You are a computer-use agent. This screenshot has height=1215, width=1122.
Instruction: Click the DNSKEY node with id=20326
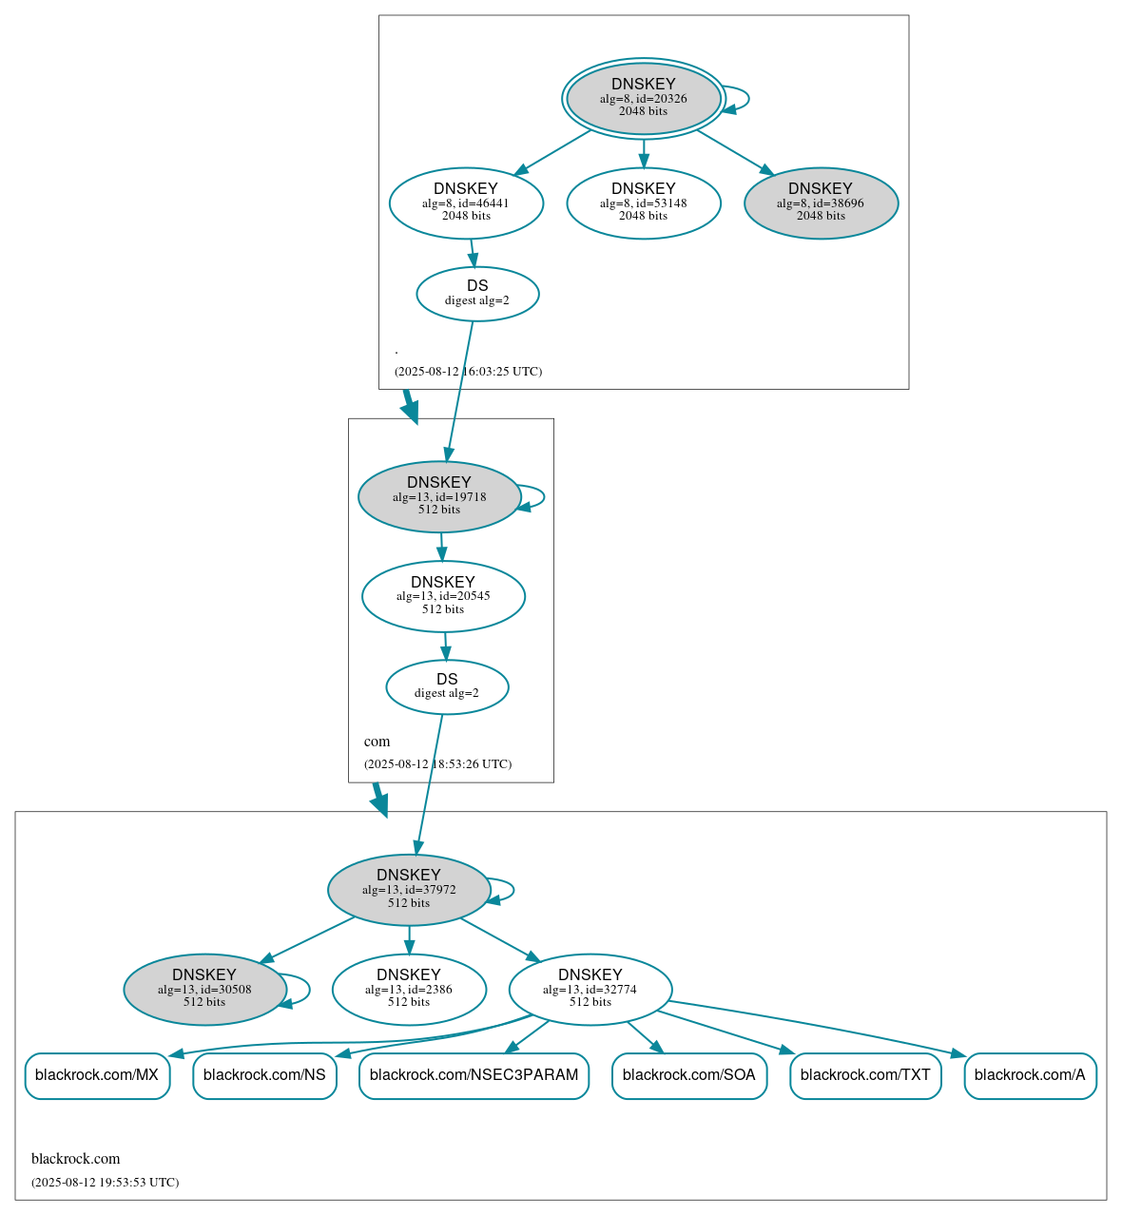[x=644, y=98]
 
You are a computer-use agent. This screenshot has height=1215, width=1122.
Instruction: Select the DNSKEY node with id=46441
[x=466, y=202]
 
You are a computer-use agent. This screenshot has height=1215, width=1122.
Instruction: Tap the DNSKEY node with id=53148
[x=644, y=202]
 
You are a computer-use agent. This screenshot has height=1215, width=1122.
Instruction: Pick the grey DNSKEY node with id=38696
[x=821, y=202]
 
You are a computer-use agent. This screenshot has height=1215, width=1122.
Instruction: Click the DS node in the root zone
[x=477, y=294]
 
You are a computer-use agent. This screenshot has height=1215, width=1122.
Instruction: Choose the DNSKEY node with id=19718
[x=439, y=496]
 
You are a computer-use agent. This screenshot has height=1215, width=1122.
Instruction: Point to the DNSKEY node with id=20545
[x=443, y=596]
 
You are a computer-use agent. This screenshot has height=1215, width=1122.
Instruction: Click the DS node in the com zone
[x=447, y=686]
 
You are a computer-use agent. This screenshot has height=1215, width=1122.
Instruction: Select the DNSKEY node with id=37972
[x=409, y=890]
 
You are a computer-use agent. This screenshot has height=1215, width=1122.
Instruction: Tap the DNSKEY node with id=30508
[x=204, y=989]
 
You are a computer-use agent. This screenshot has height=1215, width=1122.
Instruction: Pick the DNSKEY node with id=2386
[x=409, y=989]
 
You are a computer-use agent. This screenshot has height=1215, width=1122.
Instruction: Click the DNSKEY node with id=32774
[x=590, y=989]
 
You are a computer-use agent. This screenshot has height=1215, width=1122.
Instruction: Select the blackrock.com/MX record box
[x=97, y=1075]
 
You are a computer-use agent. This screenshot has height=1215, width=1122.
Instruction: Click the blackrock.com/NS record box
[x=264, y=1075]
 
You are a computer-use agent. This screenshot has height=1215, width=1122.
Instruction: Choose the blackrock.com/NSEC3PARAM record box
[x=474, y=1075]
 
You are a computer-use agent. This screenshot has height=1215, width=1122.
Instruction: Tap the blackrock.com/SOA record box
[x=689, y=1075]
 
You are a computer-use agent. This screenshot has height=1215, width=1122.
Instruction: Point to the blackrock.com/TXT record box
[x=865, y=1075]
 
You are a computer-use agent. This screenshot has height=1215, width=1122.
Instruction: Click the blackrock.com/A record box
[x=1030, y=1075]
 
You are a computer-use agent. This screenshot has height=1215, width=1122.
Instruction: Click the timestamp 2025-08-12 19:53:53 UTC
[x=105, y=1183]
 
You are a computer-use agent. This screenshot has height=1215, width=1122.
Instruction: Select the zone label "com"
[x=377, y=742]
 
